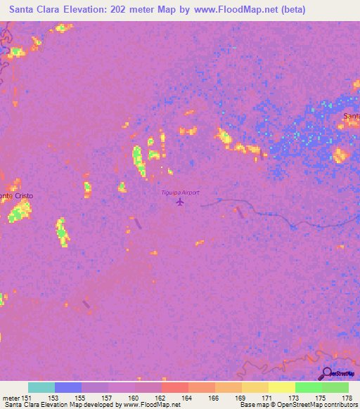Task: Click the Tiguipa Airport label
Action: point(181,193)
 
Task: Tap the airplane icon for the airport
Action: point(180,202)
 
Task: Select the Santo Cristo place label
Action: point(16,195)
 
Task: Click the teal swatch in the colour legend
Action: point(41,387)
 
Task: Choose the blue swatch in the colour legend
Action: point(68,387)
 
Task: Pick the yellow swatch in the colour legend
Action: point(282,387)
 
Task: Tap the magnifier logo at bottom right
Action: point(327,373)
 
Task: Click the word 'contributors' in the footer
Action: point(341,405)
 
